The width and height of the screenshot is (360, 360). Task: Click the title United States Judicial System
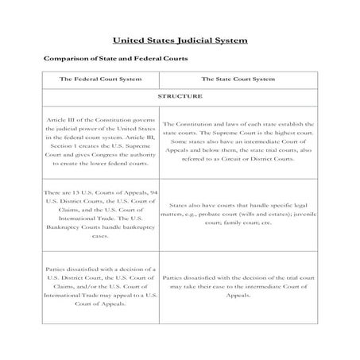pyautogui.click(x=180, y=39)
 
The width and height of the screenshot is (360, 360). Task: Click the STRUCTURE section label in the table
pyautogui.click(x=180, y=95)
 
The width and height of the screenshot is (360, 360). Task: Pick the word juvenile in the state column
pyautogui.click(x=304, y=214)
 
